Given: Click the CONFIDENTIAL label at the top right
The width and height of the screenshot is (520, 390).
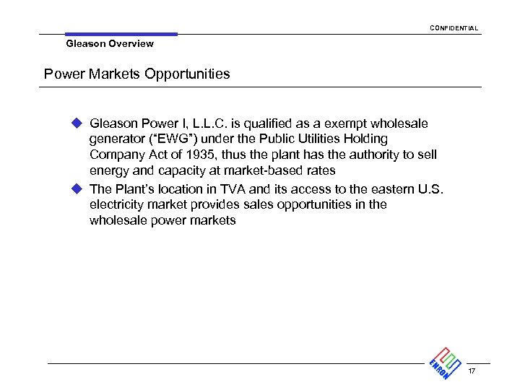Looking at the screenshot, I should point(453,28).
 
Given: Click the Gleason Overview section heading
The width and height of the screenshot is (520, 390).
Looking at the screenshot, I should point(110,44).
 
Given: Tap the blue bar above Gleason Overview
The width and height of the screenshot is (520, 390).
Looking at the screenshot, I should point(121,34).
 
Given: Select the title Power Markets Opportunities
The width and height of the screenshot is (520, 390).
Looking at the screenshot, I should point(137,74).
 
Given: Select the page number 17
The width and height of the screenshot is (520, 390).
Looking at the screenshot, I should point(472,372).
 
